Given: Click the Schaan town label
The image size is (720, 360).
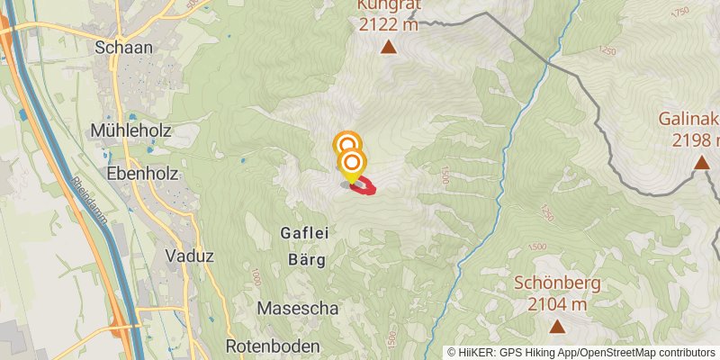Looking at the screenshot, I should click(123, 47).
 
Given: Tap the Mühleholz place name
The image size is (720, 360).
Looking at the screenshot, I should click(130, 130).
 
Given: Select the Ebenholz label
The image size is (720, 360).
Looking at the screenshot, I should click(141, 174).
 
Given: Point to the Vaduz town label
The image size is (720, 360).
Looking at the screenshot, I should click(189, 256).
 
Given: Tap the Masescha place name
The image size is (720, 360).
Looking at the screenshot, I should click(297, 308).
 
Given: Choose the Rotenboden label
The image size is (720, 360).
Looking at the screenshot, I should click(272, 346).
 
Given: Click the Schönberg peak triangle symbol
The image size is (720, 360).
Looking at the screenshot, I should click(556, 328).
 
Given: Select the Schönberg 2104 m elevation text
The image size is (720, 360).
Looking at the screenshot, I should click(556, 304).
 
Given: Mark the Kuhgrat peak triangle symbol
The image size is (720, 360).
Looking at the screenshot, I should click(388, 47).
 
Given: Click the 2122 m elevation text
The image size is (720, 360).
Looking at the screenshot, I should click(388, 25).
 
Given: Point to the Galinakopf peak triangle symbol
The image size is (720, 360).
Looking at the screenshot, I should click(700, 163).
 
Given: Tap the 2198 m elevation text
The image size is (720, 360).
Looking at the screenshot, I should click(696, 140).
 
